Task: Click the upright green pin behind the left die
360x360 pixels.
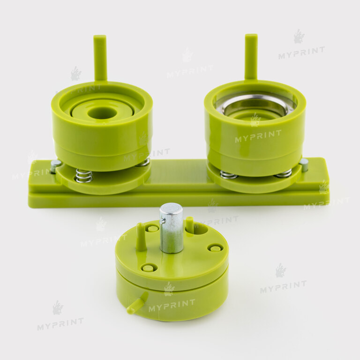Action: [x=100, y=58]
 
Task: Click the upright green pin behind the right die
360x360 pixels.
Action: [x=251, y=56]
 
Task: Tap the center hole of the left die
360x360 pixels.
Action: [x=102, y=112]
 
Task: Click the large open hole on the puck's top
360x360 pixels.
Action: [x=200, y=229]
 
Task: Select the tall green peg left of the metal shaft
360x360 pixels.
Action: [x=141, y=237]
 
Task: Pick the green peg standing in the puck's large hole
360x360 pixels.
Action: [x=189, y=225]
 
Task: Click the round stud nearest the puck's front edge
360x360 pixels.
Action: [x=148, y=268]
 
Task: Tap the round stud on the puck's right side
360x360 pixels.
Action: [x=215, y=247]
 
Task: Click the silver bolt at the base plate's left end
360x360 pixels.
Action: [x=56, y=165]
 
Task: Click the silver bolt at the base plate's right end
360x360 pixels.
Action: [x=304, y=164]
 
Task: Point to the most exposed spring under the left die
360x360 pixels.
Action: [x=84, y=175]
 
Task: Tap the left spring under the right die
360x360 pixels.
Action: [x=229, y=175]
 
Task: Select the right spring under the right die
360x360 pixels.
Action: [x=284, y=173]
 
